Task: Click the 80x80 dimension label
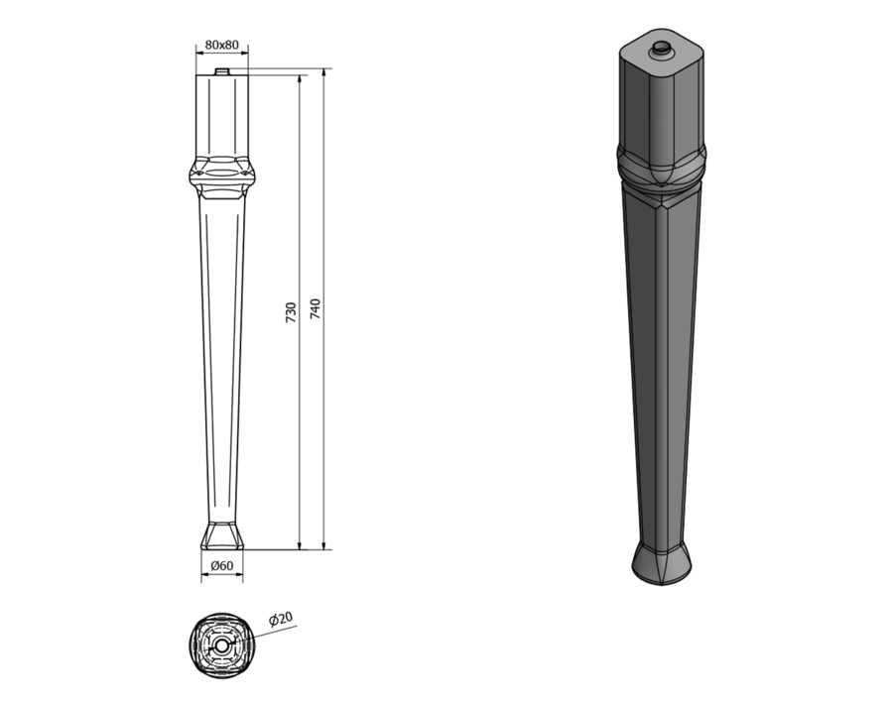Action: tap(221, 45)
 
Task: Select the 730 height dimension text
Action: tap(291, 313)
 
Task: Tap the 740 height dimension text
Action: tap(315, 308)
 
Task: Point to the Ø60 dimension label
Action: tap(222, 565)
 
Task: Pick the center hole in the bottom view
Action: tap(221, 646)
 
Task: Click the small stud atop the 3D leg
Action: tap(662, 49)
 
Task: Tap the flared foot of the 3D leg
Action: tap(662, 563)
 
